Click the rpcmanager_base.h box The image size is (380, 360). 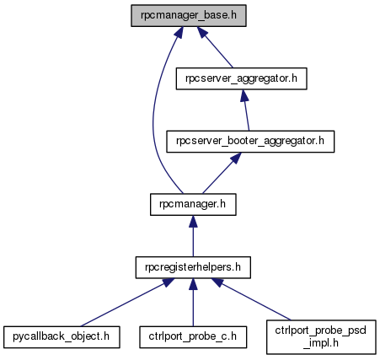pos(189,16)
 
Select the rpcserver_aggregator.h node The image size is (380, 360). pos(241,78)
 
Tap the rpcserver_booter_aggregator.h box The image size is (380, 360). pos(250,142)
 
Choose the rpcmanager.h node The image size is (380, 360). pos(193,205)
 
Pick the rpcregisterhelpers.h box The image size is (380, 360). pos(193,267)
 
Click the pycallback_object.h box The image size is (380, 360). pos(62,337)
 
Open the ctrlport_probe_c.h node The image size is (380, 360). pos(193,337)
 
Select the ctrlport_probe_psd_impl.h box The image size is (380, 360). pos(321,336)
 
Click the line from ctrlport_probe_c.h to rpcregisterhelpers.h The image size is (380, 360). pos(193,303)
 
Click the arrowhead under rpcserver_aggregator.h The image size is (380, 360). pos(244,95)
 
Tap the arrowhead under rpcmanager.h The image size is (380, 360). pos(193,222)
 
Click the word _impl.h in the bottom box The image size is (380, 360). pos(321,343)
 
